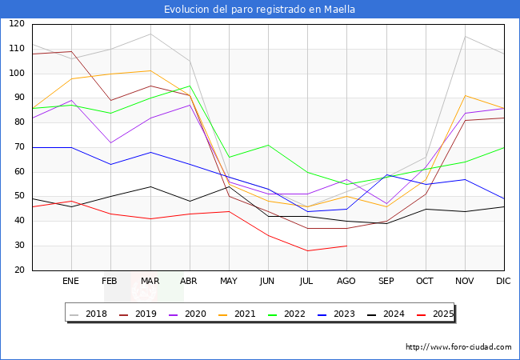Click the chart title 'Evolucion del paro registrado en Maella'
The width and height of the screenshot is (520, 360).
pyautogui.click(x=259, y=10)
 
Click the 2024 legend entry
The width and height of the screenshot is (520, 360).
pyautogui.click(x=389, y=314)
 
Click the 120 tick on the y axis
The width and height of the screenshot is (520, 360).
pyautogui.click(x=17, y=24)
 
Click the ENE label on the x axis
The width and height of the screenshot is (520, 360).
pyautogui.click(x=71, y=282)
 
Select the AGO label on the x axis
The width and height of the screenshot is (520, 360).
pyautogui.click(x=346, y=282)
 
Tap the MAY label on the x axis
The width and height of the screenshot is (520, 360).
pyautogui.click(x=229, y=282)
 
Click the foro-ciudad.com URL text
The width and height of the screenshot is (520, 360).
pyautogui.click(x=458, y=347)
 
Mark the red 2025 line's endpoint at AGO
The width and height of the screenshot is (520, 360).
pyautogui.click(x=346, y=246)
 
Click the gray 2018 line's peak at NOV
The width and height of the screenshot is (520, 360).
pyautogui.click(x=465, y=37)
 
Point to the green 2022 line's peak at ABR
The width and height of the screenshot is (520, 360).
pyautogui.click(x=190, y=86)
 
